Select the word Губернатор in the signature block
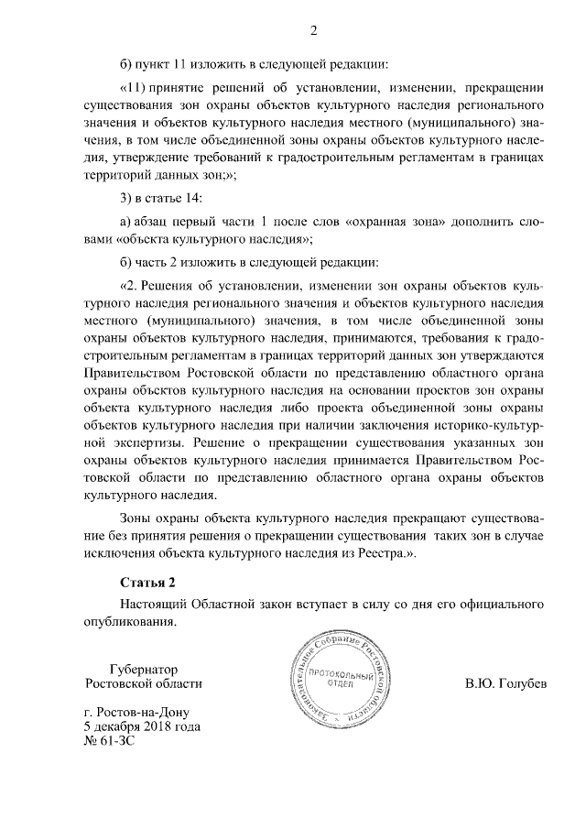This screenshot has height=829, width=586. pyautogui.click(x=142, y=669)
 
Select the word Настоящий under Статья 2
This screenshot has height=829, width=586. pyautogui.click(x=152, y=604)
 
